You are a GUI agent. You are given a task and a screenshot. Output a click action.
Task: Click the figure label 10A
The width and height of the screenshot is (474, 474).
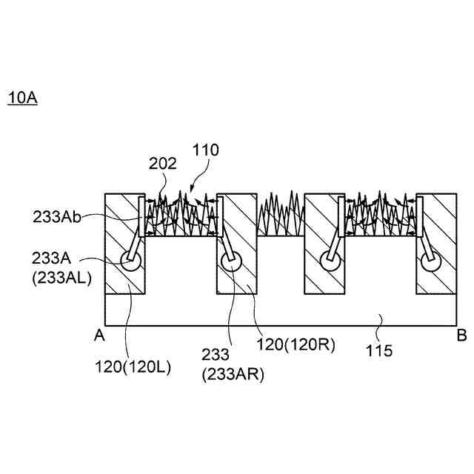(22, 98)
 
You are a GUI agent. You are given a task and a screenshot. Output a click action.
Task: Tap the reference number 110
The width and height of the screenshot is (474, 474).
(205, 150)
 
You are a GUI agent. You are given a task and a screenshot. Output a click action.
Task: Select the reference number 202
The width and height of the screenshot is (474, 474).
(162, 164)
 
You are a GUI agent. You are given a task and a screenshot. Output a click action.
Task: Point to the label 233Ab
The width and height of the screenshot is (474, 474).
(56, 218)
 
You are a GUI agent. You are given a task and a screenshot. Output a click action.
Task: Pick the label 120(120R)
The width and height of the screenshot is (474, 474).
(290, 344)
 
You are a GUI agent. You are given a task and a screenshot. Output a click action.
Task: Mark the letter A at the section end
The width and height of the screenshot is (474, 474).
(99, 336)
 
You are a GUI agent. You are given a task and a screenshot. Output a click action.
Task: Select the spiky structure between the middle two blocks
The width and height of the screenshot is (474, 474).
(281, 215)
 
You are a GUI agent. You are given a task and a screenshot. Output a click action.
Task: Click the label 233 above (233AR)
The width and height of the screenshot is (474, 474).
(216, 357)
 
